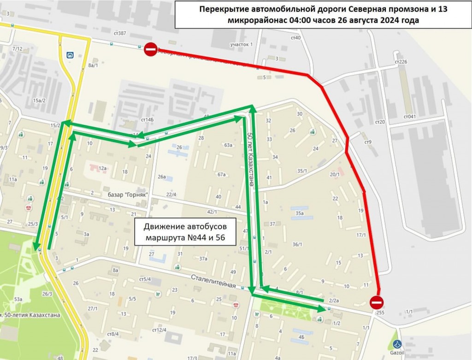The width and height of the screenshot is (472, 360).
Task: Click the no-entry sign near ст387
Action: (151, 49)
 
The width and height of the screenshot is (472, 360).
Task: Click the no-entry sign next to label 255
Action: (377, 302)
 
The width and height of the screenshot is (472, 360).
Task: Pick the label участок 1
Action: (242, 44)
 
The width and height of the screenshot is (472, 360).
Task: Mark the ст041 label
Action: (408, 116)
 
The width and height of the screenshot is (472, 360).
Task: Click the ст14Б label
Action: (147, 120)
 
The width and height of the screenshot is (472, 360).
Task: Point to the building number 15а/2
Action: (39, 100)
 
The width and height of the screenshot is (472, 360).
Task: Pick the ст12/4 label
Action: (159, 330)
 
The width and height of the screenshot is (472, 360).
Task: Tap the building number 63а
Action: (228, 145)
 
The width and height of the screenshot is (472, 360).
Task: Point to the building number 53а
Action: (18, 300)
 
